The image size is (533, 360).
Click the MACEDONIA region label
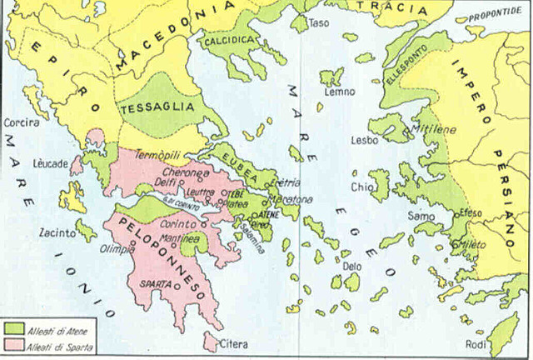(167, 37)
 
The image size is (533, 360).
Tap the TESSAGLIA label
(157, 108)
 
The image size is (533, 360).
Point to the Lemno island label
(335, 93)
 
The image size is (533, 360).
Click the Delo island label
(351, 267)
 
